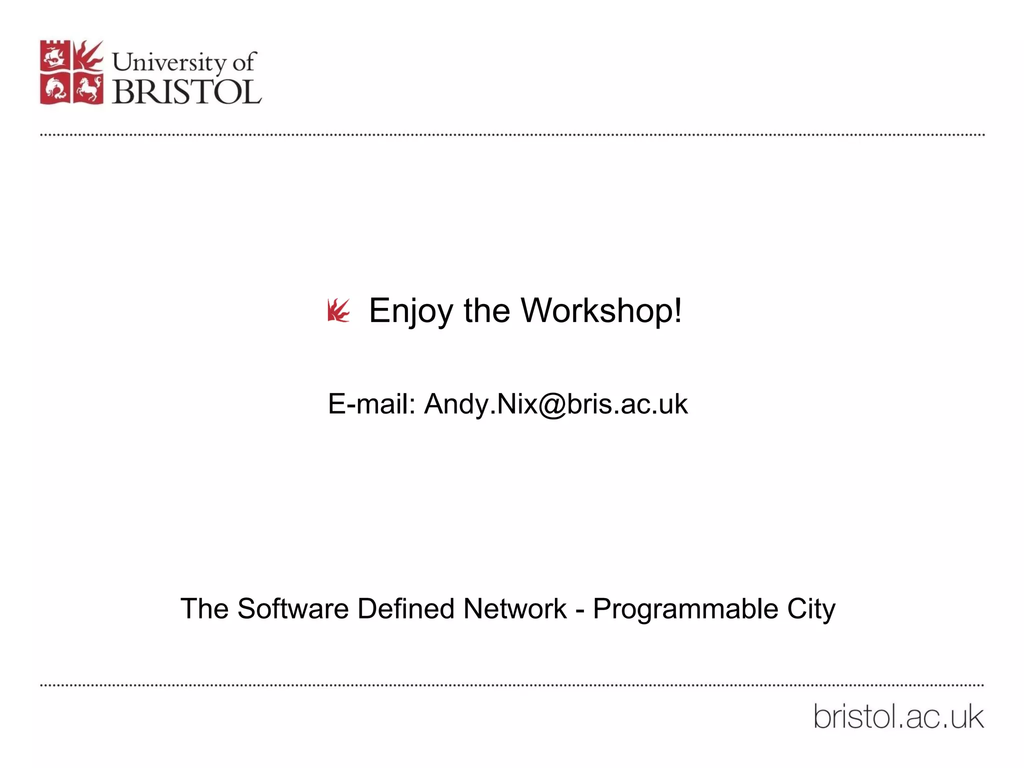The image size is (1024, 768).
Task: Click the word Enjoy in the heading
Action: tap(411, 311)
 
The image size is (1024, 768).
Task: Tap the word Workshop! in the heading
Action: tap(601, 311)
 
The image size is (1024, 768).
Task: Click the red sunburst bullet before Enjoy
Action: tap(338, 310)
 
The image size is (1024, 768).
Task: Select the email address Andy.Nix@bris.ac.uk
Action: tap(555, 404)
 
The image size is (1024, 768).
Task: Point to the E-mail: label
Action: tap(371, 404)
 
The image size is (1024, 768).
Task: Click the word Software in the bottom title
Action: tap(292, 609)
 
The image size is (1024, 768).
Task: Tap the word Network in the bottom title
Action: tap(514, 609)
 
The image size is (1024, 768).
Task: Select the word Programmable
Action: tap(685, 609)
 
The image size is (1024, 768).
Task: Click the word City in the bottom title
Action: tap(811, 609)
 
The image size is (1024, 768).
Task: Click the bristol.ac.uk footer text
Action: tap(898, 717)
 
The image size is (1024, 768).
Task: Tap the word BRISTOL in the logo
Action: tap(186, 92)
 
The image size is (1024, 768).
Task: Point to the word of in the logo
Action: tap(244, 62)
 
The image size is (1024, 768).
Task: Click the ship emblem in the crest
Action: tap(54, 56)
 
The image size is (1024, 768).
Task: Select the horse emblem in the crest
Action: tap(88, 89)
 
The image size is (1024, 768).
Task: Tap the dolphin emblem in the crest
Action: tap(55, 89)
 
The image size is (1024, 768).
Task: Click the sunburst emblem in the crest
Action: tap(88, 55)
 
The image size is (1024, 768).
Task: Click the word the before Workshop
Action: tap(486, 311)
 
